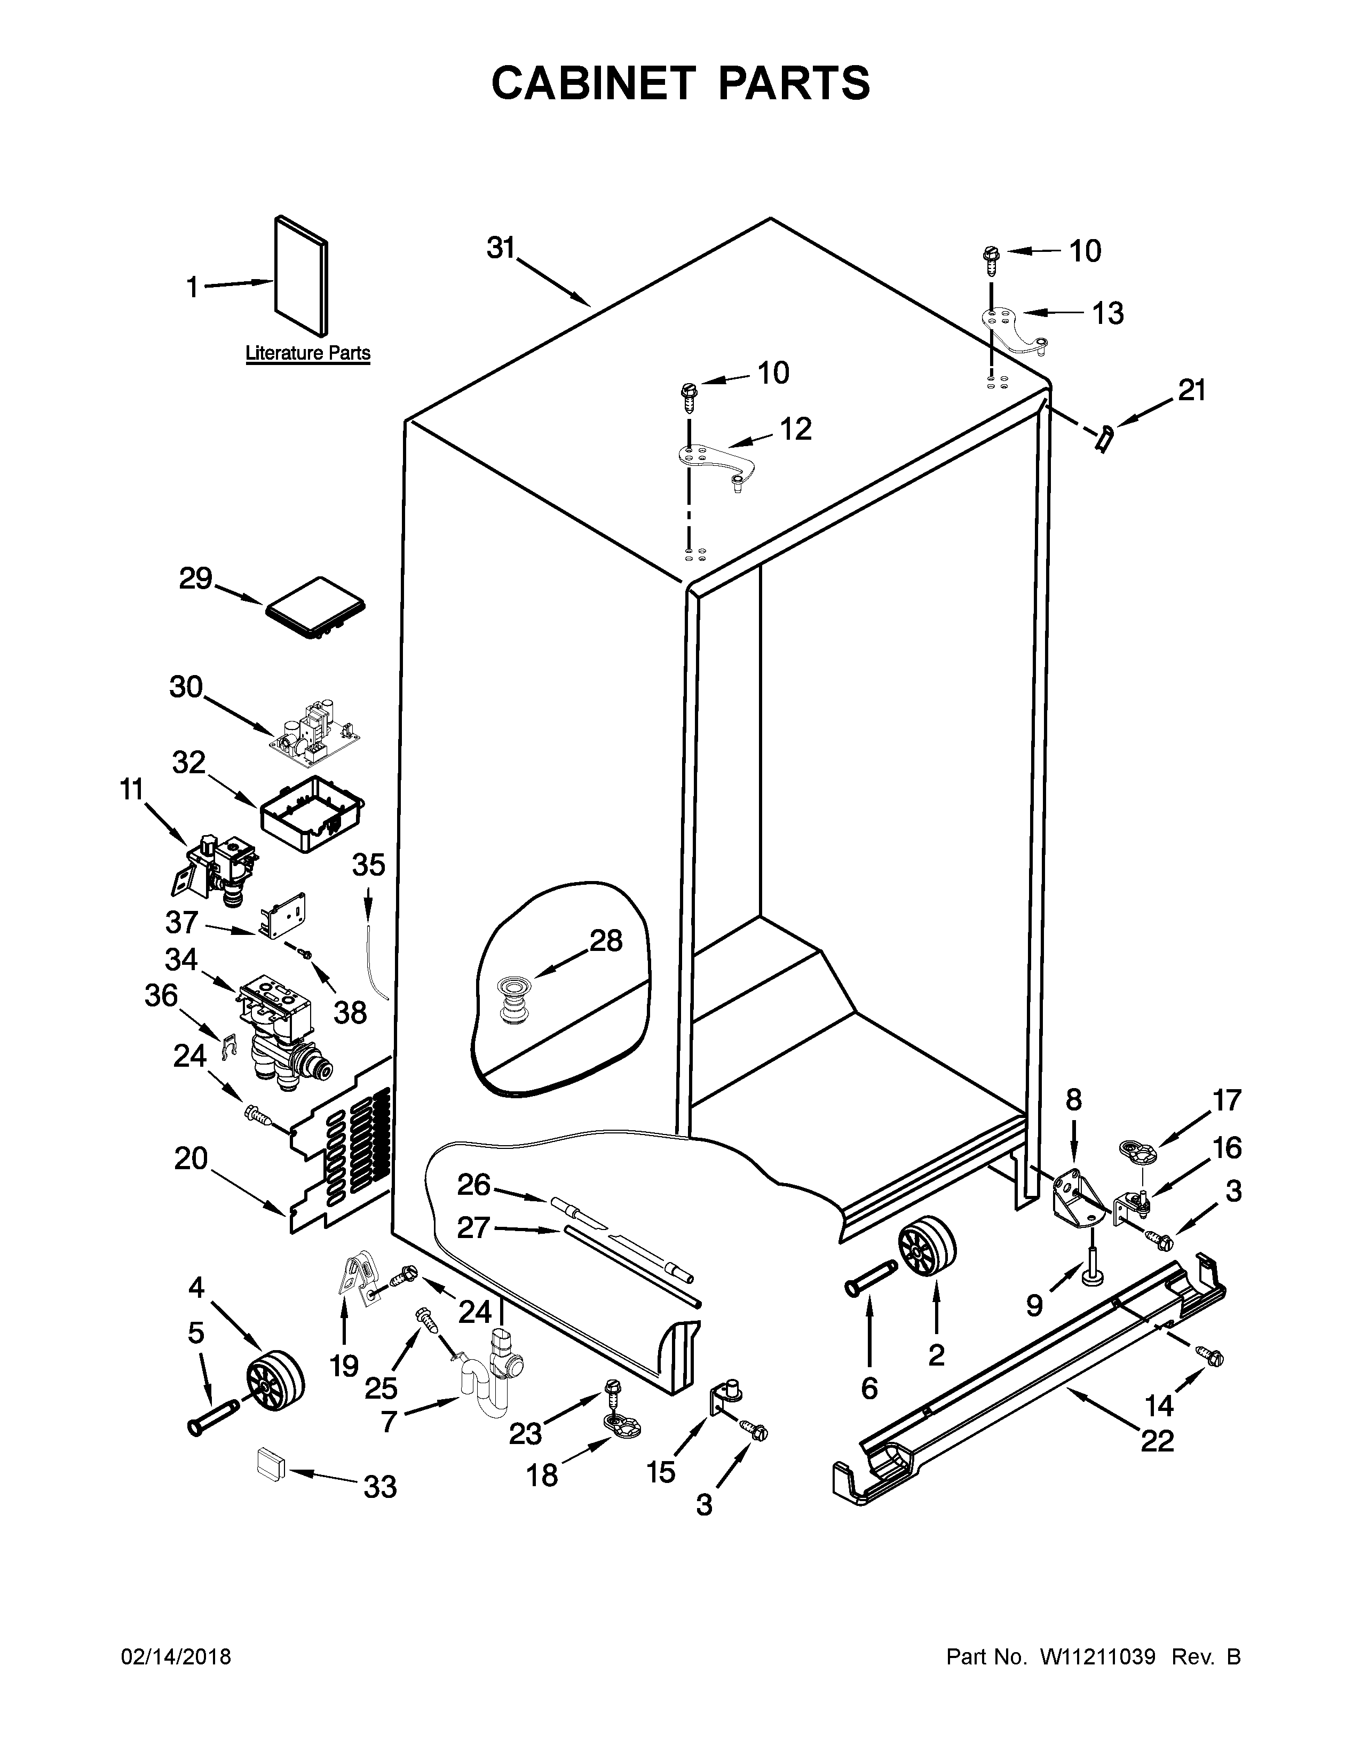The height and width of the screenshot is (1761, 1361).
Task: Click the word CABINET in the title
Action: tap(592, 83)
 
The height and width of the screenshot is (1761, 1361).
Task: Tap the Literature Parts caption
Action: tap(307, 353)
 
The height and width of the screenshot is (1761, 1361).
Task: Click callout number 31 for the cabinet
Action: tap(500, 248)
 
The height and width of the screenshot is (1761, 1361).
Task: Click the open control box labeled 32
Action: tap(311, 813)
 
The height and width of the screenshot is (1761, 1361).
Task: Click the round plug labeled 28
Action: tap(508, 999)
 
